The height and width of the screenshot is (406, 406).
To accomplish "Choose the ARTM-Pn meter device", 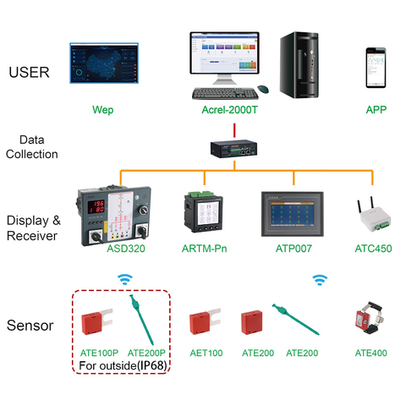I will [x=203, y=213].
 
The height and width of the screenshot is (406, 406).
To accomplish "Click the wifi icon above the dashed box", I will [x=124, y=279].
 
